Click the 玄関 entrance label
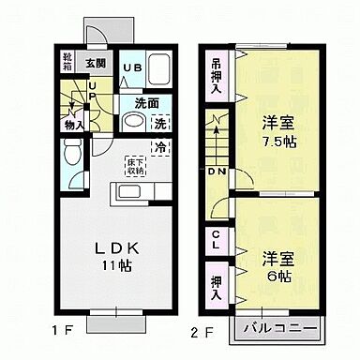97,63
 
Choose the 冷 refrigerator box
160,147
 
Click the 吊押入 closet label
217,75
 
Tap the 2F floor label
199,331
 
